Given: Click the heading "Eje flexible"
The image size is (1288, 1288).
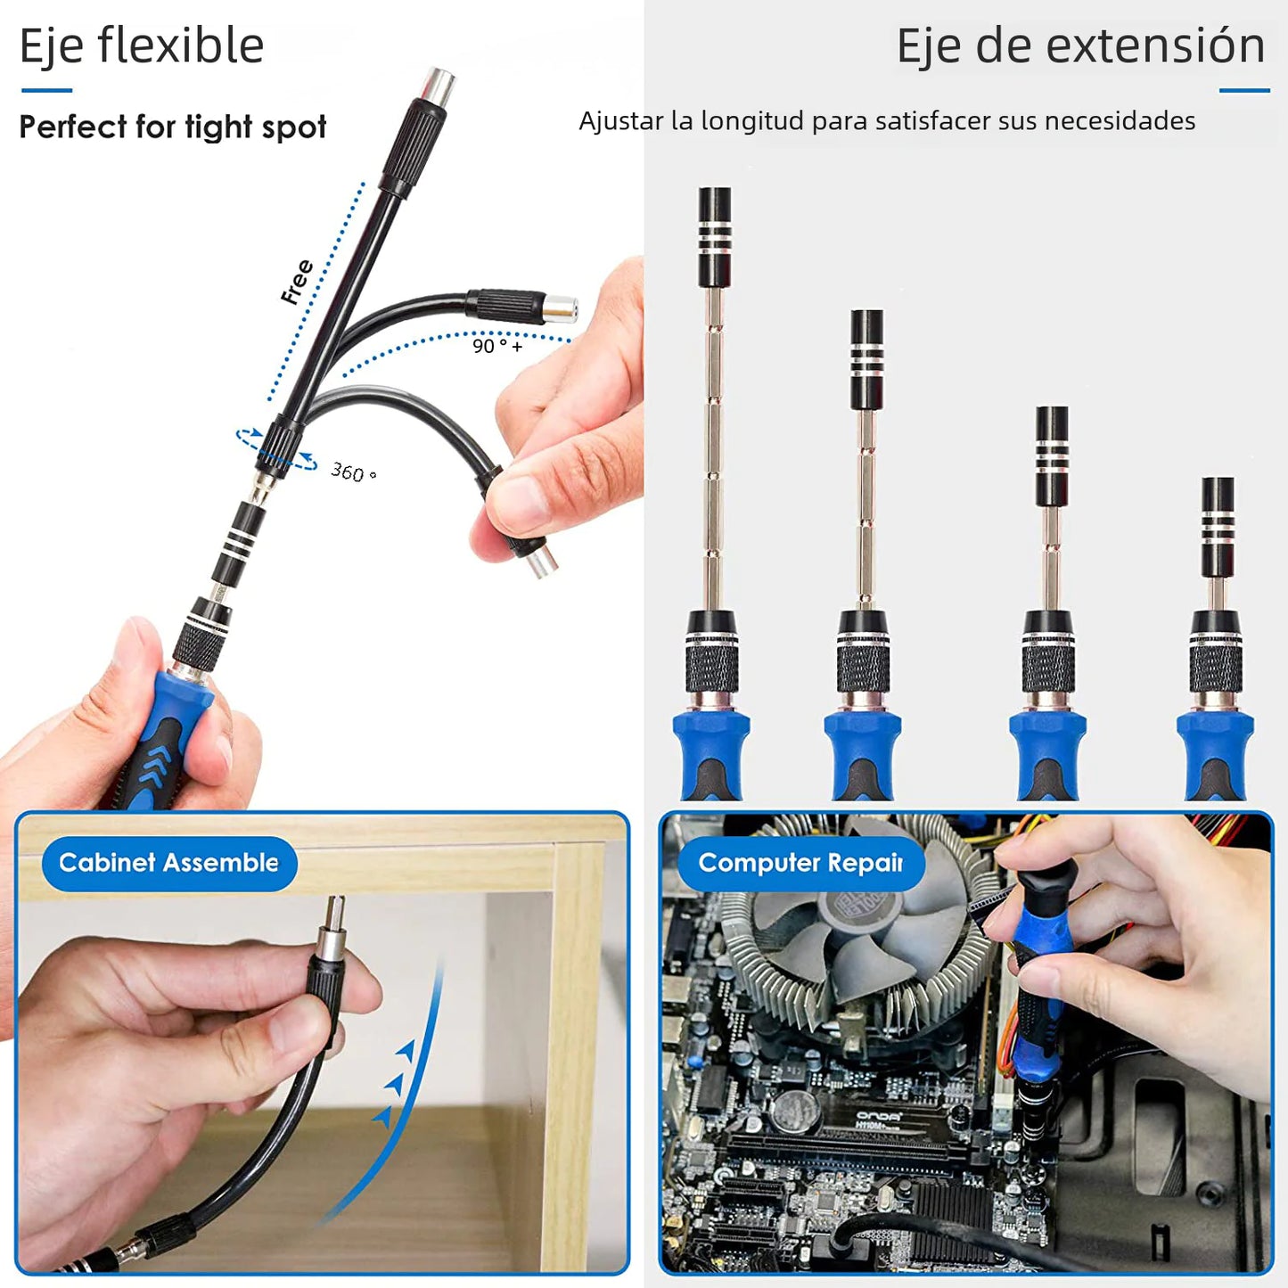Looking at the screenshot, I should (x=142, y=46).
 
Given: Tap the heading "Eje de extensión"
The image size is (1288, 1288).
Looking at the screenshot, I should (x=1079, y=46).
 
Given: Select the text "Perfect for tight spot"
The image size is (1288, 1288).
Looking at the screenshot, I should (x=173, y=127).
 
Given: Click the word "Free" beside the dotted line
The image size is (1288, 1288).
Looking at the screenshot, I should (x=297, y=282).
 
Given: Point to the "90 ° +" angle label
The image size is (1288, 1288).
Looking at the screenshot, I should (x=496, y=346).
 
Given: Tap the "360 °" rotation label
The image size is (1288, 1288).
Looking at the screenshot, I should (x=353, y=472).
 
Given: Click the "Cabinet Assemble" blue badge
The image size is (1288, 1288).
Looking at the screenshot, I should (x=168, y=863).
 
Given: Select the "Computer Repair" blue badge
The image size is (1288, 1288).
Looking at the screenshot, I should (x=800, y=863).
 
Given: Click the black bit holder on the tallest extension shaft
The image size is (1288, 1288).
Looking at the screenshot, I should (x=715, y=236).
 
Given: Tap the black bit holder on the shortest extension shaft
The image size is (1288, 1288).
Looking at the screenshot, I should (x=1218, y=527).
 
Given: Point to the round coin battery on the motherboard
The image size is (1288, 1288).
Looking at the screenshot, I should (x=793, y=1112).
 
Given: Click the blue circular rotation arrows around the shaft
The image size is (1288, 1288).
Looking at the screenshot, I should (x=276, y=448).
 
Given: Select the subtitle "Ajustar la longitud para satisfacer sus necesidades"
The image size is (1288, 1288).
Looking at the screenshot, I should (x=887, y=121).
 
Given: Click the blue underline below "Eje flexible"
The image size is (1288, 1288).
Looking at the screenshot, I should (x=46, y=90).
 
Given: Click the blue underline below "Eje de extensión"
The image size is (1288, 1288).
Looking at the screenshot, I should (x=1244, y=90).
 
